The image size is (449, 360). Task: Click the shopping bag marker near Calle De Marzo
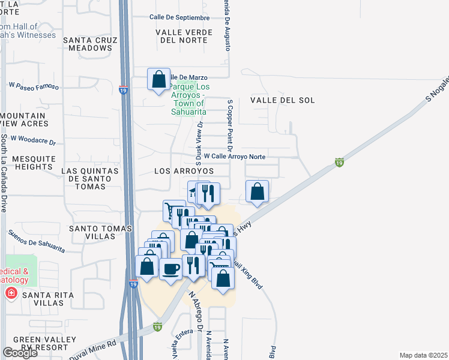tap(158, 79)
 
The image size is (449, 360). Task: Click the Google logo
tap(20, 353)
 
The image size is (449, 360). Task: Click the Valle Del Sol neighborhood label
tap(282, 100)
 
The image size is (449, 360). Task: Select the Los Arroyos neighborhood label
tap(184, 171)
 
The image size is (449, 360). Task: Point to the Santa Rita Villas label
tap(48, 299)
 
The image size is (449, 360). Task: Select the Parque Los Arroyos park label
tap(189, 99)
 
